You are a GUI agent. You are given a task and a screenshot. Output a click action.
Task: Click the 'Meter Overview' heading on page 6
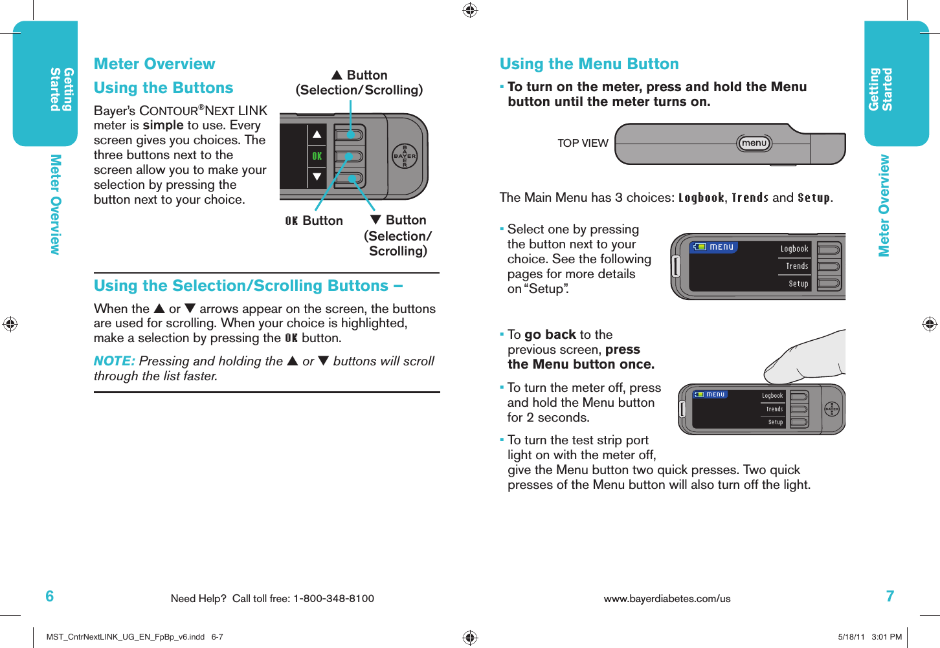tap(154, 64)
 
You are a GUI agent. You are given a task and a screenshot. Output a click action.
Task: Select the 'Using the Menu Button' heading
tap(589, 64)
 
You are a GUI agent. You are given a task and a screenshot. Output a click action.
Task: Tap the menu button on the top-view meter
tap(754, 143)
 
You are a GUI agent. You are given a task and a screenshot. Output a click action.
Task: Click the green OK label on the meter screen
tap(317, 156)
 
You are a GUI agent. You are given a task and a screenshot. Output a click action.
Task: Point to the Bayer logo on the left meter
tap(405, 156)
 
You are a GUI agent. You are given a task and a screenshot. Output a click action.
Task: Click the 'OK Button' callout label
tap(314, 221)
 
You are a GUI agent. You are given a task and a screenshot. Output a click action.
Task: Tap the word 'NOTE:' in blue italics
tap(114, 361)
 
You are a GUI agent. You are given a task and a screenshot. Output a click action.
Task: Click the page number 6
tap(50, 596)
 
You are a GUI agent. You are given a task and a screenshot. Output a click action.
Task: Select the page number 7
tap(890, 596)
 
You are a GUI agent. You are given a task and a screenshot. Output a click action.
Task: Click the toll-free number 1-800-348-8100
tap(333, 599)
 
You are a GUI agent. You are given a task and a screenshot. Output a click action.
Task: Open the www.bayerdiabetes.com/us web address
tap(667, 599)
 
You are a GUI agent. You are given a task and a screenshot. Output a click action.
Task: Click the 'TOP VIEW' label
tap(583, 144)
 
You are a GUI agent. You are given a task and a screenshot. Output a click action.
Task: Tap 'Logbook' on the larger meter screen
tap(794, 249)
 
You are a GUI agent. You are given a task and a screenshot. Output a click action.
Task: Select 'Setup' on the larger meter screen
tap(798, 284)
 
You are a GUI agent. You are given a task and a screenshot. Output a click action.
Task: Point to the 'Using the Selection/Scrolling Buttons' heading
tap(248, 286)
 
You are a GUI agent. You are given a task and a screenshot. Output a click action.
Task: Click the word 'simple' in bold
tap(163, 125)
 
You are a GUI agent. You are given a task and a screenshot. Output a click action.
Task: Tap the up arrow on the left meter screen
tap(317, 135)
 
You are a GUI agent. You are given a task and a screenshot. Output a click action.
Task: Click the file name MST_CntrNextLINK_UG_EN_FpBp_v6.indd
tap(126, 637)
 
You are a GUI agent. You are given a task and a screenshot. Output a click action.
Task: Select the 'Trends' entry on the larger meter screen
tap(797, 266)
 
